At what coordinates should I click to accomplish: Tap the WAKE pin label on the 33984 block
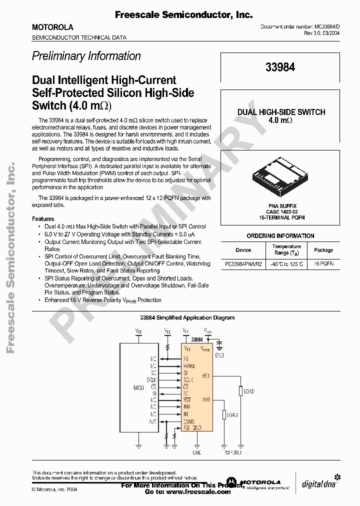189,366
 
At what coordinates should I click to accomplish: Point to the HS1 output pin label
206,375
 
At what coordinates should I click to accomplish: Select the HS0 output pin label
206,400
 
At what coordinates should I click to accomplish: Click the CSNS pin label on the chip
189,421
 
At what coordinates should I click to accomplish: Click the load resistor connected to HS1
240,391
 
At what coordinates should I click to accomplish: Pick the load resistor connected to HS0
224,415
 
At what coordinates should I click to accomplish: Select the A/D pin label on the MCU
153,421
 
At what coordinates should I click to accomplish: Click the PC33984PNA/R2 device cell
243,263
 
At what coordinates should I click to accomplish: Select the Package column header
323,250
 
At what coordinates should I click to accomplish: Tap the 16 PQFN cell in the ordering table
323,263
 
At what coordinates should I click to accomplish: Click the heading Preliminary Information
86,56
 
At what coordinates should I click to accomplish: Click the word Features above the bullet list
43,219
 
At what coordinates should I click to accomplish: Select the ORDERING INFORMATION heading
280,236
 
